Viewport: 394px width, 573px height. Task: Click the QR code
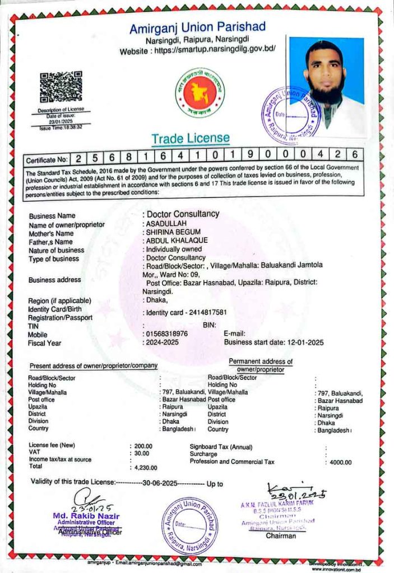point(61,87)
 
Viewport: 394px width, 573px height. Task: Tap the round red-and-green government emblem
point(199,92)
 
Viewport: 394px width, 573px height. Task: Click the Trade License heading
point(190,138)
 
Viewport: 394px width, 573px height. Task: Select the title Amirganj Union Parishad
point(197,27)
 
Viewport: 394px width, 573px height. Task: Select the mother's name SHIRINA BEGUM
point(173,232)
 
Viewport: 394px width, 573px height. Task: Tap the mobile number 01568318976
point(167,334)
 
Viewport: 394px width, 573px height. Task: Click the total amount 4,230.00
point(146,467)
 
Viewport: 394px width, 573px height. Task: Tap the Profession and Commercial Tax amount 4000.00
point(340,462)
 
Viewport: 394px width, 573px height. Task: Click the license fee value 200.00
point(143,446)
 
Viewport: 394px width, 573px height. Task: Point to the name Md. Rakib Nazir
point(86,515)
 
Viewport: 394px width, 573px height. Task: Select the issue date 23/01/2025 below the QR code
point(61,121)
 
